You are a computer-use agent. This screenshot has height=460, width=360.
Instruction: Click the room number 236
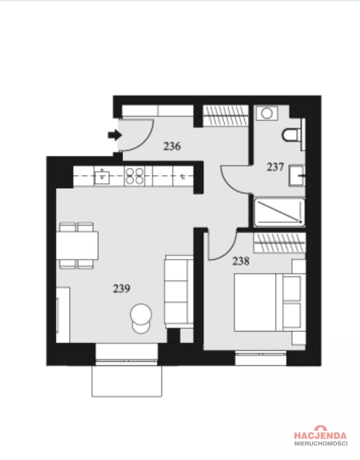[x=172, y=146]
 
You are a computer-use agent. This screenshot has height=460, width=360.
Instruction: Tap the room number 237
[x=275, y=167]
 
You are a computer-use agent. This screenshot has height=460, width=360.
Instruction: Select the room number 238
[x=241, y=261]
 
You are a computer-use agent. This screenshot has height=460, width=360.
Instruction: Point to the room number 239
[x=121, y=289]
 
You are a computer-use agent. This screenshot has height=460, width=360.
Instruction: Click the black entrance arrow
[x=115, y=135]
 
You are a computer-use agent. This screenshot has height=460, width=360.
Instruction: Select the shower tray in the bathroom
[x=279, y=212]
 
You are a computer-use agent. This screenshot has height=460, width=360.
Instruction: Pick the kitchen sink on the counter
[x=102, y=176]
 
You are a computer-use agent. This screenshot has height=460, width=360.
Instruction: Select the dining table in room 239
[x=77, y=245]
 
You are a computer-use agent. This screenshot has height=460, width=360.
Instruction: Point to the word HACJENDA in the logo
[x=320, y=435]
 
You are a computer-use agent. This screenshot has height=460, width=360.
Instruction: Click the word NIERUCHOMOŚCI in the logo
[x=321, y=444]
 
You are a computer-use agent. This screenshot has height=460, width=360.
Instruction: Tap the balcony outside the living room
[x=127, y=381]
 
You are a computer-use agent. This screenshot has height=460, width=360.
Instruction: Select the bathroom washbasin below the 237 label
[x=297, y=176]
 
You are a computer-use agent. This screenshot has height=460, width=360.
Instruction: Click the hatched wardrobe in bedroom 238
[x=279, y=243]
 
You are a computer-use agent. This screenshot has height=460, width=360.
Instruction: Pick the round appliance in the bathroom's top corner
[x=267, y=113]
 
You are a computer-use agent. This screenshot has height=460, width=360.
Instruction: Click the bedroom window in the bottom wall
[x=261, y=358]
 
